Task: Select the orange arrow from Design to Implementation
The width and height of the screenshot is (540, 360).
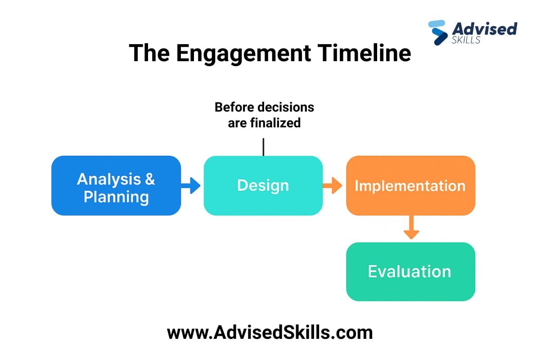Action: (x=333, y=185)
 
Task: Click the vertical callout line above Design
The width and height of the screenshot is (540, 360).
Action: (x=263, y=147)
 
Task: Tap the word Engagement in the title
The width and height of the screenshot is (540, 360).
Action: (x=243, y=53)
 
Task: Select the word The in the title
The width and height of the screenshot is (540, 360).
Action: (x=149, y=53)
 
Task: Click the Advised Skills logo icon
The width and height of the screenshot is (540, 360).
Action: (x=437, y=32)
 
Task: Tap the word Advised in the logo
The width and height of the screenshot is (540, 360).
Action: (x=484, y=29)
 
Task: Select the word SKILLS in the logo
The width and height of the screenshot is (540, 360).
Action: (x=466, y=40)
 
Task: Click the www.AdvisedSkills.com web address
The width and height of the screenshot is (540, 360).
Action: (x=270, y=333)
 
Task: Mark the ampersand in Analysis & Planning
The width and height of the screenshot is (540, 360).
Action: (x=149, y=179)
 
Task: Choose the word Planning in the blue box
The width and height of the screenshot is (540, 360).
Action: (x=116, y=197)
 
